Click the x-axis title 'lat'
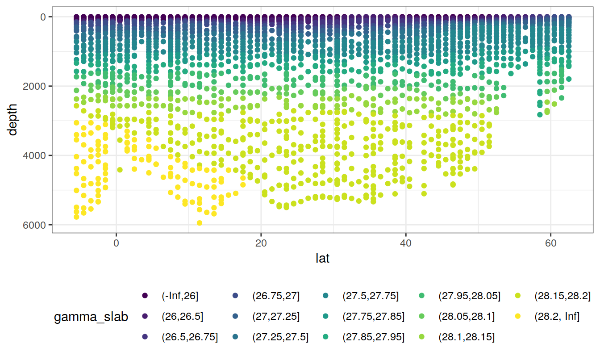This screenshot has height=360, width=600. coord(322,258)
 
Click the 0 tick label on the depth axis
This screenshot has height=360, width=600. coord(46,17)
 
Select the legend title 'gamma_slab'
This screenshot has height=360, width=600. coord(91,317)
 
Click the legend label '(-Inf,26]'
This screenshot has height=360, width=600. coord(179,296)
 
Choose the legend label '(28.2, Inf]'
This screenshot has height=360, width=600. coord(557,317)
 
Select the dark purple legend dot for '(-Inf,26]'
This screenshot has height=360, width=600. coord(145,296)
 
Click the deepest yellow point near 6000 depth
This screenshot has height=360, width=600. coord(200,223)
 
